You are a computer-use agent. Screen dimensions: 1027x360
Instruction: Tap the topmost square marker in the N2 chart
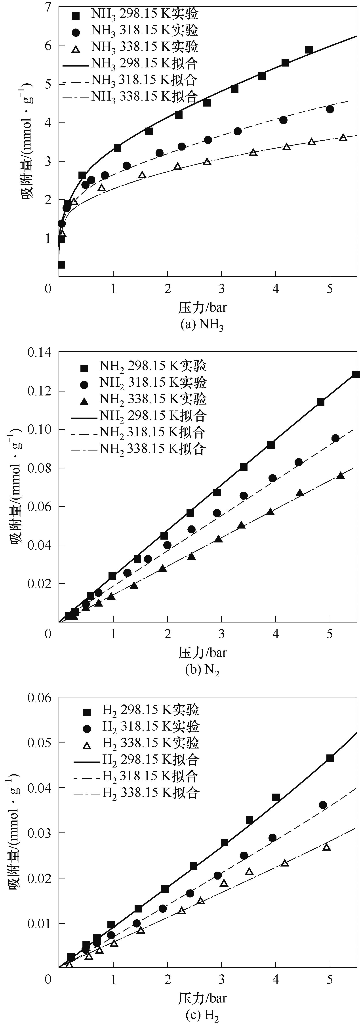(356, 374)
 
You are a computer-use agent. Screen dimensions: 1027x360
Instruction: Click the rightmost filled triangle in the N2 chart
(341, 475)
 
